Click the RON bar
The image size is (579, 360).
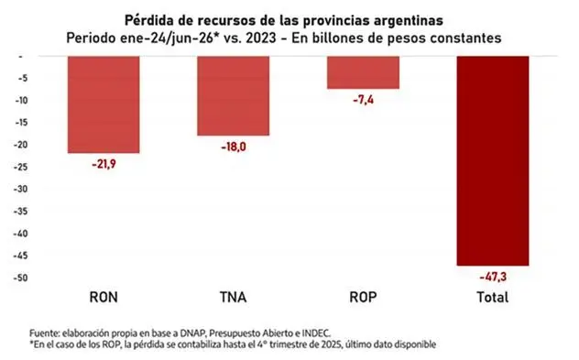104,104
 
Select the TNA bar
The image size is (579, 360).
234,96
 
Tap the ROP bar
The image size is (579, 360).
364,72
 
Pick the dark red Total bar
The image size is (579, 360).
493,161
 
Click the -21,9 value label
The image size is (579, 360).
104,164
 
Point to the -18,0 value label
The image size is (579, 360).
234,147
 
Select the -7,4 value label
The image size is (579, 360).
364,100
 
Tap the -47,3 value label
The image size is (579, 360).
493,277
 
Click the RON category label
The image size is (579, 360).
104,297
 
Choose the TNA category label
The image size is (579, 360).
234,297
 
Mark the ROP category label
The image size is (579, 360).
364,297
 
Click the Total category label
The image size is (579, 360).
493,297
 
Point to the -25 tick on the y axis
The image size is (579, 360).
21,168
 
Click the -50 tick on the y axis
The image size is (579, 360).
21,278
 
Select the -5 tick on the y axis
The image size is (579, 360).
23,78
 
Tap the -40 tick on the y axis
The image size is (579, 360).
21,234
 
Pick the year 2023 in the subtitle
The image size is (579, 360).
261,38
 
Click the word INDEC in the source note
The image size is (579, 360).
316,333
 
